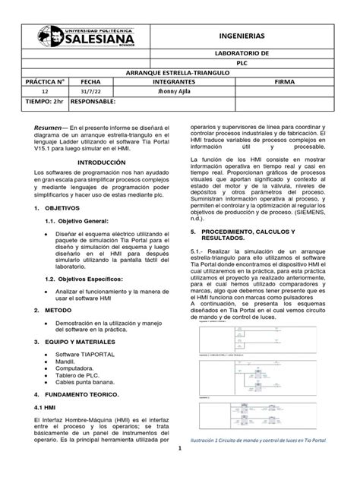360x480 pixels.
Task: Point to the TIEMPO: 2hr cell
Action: (40, 100)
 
